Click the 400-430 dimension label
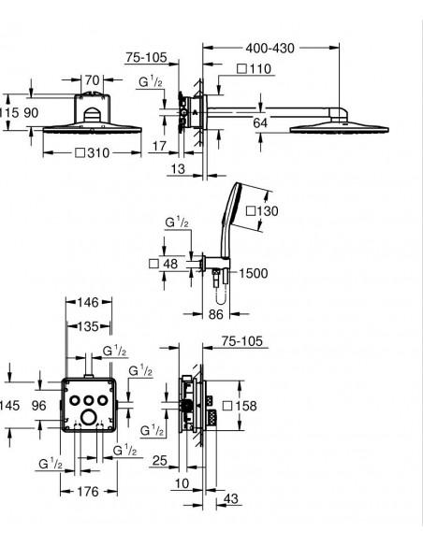(270, 48)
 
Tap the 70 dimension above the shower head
(93, 80)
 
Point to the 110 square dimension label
(259, 68)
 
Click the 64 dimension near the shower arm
(260, 122)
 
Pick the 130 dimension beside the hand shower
(268, 211)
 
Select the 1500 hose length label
(254, 273)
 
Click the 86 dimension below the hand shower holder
(215, 314)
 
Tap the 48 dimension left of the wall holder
(170, 264)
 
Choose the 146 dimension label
(88, 302)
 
